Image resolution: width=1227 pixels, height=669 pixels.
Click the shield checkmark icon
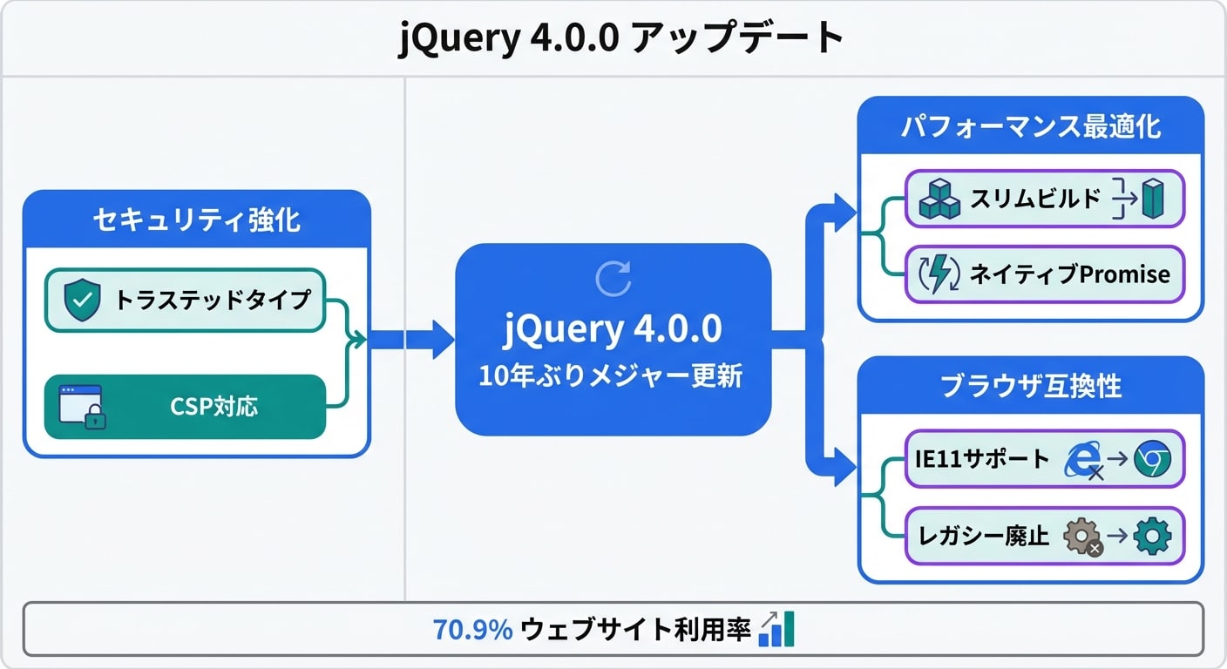82,300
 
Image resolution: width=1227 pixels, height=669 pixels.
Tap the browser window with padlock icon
82,407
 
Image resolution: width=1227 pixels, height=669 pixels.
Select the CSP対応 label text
214,407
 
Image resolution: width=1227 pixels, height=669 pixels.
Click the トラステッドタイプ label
213,300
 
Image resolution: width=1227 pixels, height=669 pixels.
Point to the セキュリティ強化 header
197,220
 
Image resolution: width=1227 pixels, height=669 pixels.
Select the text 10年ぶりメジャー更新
611,375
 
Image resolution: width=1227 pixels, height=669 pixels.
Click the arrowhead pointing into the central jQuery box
444,340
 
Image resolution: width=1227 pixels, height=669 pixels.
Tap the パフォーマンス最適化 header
1030,126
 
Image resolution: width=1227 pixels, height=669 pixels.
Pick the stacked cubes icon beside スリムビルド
939,199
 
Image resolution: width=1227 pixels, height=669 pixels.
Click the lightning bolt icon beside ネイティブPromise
939,274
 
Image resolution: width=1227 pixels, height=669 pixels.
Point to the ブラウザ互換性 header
1030,386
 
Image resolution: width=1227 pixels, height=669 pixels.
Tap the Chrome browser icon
1153,459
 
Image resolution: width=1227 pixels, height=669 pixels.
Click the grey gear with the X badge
1082,537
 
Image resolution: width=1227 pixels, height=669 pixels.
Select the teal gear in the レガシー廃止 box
1153,536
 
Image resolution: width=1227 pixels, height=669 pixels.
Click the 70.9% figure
472,630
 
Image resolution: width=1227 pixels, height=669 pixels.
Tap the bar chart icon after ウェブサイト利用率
776,629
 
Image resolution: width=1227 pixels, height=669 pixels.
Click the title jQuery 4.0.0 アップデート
620,37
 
